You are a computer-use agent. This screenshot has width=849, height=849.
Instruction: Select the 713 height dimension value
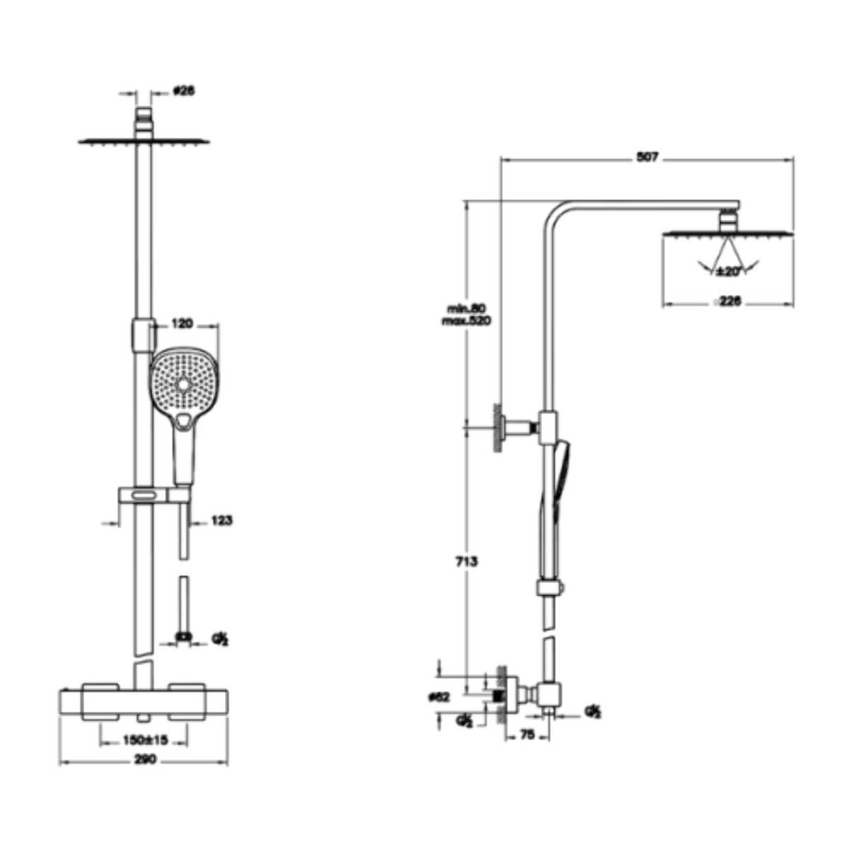pos(466,562)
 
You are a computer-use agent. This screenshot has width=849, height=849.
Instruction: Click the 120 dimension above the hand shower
pos(183,324)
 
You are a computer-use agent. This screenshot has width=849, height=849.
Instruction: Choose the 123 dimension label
pos(221,521)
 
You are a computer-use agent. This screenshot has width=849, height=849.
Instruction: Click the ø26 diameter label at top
pos(184,91)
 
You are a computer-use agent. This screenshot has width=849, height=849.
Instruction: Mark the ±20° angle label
pos(727,271)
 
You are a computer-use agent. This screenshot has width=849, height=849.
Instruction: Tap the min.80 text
pos(466,308)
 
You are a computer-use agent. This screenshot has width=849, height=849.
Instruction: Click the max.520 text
pos(466,320)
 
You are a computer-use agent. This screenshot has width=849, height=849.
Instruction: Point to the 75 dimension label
pos(527,735)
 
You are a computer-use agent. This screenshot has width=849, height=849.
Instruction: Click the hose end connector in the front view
pos(184,637)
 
